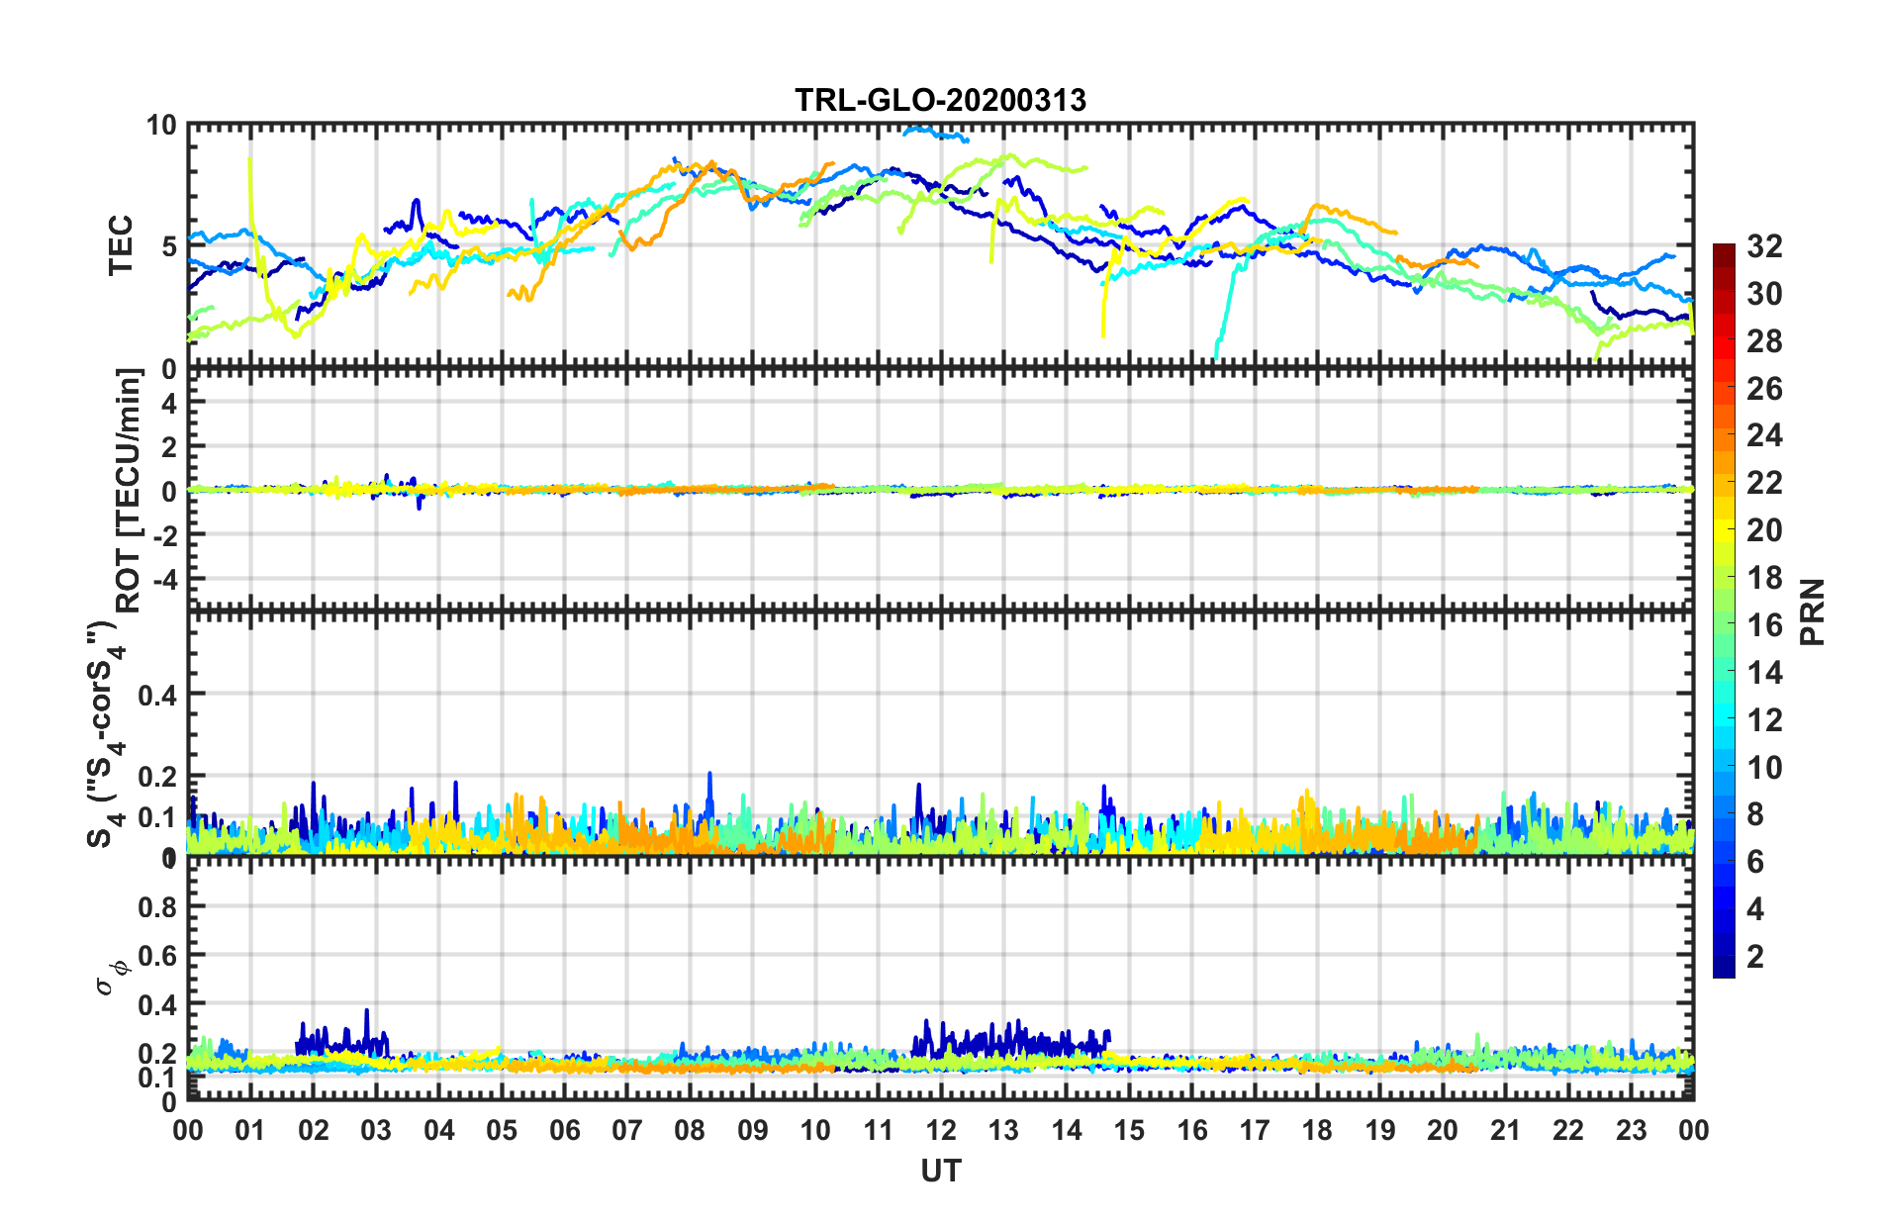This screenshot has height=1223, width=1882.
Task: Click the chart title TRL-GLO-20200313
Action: click(x=940, y=100)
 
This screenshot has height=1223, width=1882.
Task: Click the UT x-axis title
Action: click(x=940, y=1172)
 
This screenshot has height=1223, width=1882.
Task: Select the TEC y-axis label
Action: click(x=120, y=245)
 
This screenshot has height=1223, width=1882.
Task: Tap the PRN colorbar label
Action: click(x=1812, y=611)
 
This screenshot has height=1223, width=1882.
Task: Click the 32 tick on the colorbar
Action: click(x=1763, y=246)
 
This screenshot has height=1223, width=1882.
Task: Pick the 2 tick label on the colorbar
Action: click(x=1755, y=956)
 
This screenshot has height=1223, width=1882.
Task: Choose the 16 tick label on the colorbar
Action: click(x=1763, y=625)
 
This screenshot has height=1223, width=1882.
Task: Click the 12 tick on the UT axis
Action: click(x=940, y=1130)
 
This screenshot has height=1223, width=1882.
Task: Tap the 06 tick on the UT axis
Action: click(x=564, y=1130)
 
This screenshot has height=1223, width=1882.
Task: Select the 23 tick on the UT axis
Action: click(x=1631, y=1130)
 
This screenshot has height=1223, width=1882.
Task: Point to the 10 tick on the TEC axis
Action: click(x=160, y=126)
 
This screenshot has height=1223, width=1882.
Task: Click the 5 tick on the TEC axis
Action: click(x=168, y=246)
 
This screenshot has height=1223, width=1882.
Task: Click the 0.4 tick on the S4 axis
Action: click(x=157, y=696)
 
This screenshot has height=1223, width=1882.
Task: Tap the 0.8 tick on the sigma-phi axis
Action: click(x=157, y=907)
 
